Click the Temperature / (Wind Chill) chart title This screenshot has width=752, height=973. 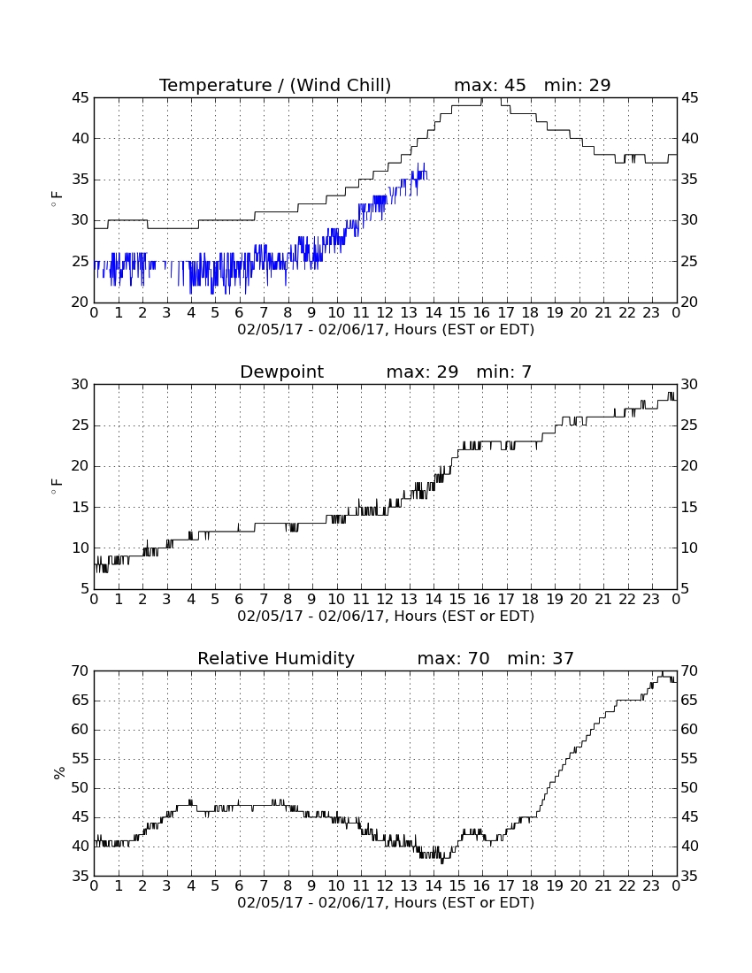coord(275,85)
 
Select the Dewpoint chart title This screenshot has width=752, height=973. coord(281,372)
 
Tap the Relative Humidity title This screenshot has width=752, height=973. coord(275,658)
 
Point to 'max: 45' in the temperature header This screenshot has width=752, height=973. coord(489,85)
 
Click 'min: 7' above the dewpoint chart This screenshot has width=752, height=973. coord(503,372)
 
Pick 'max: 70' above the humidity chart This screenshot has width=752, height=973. coord(453,658)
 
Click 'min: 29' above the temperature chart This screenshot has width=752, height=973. coord(577,85)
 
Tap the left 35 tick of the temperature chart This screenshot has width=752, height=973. coord(80,180)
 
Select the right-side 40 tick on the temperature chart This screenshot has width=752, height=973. coord(689,139)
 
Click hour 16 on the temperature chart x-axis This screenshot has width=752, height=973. coord(481,313)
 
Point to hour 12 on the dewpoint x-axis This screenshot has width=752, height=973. coord(385,600)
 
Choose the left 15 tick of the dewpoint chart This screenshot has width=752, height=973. coord(80,508)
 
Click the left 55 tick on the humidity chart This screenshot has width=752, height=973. coord(80,759)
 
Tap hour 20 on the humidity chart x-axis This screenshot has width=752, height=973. coord(579,886)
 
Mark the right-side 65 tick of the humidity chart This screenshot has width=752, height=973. coord(689,701)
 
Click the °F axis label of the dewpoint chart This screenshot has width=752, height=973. coord(57,486)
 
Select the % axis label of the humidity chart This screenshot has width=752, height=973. coord(59,772)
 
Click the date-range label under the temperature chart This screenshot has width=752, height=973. coord(386,330)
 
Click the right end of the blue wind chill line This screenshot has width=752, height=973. coord(426,179)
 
